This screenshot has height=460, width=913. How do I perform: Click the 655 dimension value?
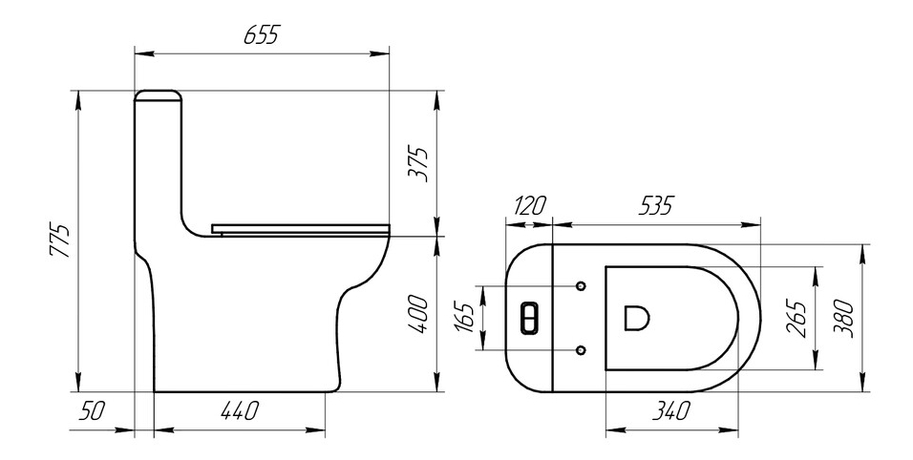[261, 36]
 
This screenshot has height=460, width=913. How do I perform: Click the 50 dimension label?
[92, 412]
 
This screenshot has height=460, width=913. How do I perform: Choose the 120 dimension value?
[528, 206]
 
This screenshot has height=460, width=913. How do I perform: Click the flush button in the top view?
[529, 318]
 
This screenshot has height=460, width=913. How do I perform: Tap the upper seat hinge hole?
[582, 285]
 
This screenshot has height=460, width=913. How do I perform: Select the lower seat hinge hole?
[582, 350]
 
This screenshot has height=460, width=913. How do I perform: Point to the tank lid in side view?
[159, 94]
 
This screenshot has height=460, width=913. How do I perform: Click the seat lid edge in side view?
[299, 227]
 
